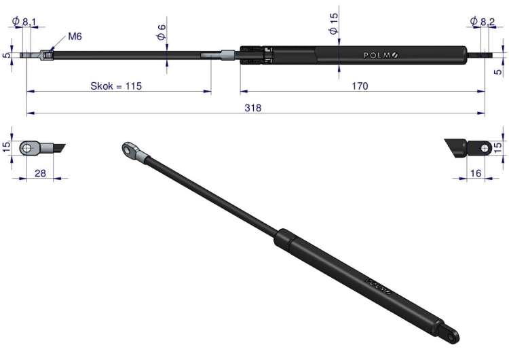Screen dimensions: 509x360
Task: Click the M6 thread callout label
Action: click(x=75, y=37)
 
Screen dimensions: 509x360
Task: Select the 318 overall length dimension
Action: click(x=253, y=107)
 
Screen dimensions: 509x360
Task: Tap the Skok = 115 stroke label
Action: click(x=116, y=86)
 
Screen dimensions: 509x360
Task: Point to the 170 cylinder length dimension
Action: click(x=360, y=86)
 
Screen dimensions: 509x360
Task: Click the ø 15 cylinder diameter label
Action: click(x=333, y=23)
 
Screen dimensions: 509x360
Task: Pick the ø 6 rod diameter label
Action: click(x=162, y=32)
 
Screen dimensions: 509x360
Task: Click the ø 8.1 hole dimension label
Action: click(x=24, y=22)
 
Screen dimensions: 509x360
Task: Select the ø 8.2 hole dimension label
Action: click(x=483, y=22)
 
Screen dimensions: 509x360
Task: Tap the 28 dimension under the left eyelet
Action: click(x=40, y=173)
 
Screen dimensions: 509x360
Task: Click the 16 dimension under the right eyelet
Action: click(x=476, y=173)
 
